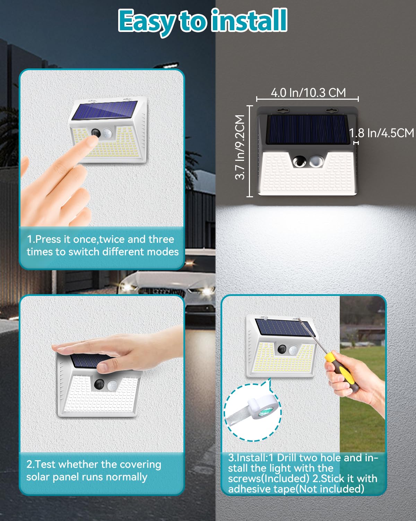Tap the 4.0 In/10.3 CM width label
tap(308, 93)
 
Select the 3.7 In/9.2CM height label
tap(240, 147)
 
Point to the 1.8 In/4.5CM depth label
tap(382, 133)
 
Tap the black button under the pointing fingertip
tap(96, 133)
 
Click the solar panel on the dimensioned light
tap(307, 129)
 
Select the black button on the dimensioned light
tap(299, 161)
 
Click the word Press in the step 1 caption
tap(48, 240)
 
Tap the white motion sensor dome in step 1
tap(106, 133)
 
